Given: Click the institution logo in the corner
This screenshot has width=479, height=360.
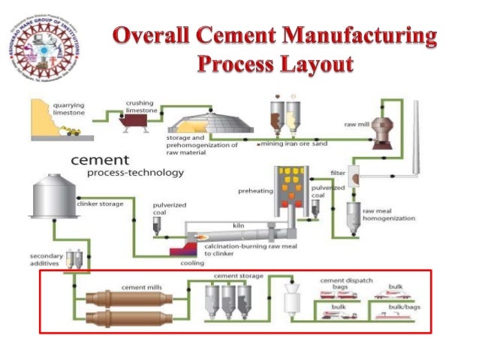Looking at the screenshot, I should click(x=47, y=47).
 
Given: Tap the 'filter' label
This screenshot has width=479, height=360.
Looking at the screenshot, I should click(x=339, y=173).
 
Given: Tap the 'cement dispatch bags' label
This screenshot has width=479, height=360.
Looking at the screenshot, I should click(x=344, y=283).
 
